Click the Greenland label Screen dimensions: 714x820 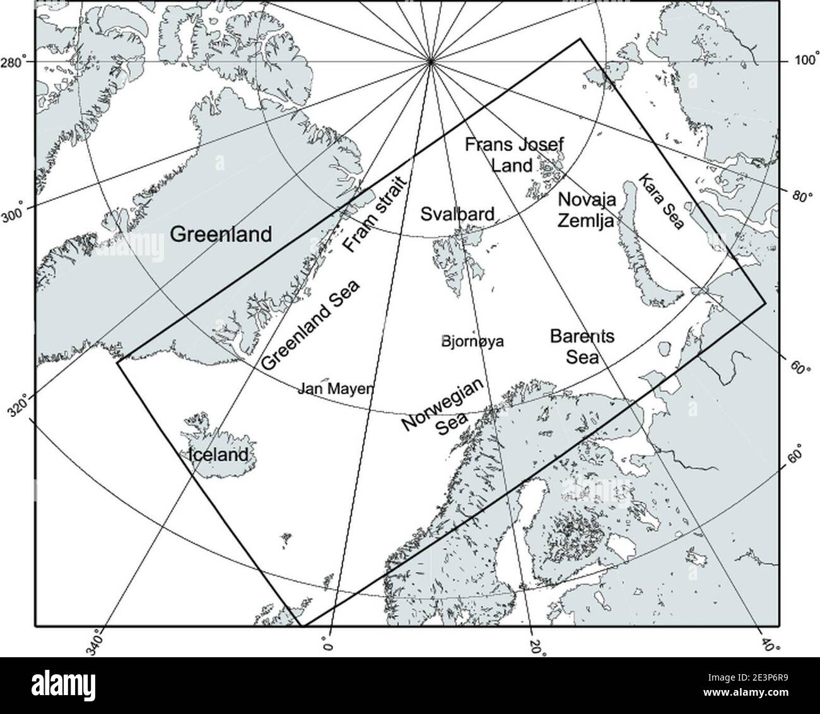221,235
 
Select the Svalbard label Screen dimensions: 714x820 457,214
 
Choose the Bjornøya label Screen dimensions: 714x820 472,342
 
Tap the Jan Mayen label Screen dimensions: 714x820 335,389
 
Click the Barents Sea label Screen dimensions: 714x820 573,346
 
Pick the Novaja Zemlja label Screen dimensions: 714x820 587,209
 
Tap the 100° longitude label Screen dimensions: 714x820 805,61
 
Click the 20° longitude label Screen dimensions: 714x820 536,646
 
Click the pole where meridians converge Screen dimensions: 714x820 430,62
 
